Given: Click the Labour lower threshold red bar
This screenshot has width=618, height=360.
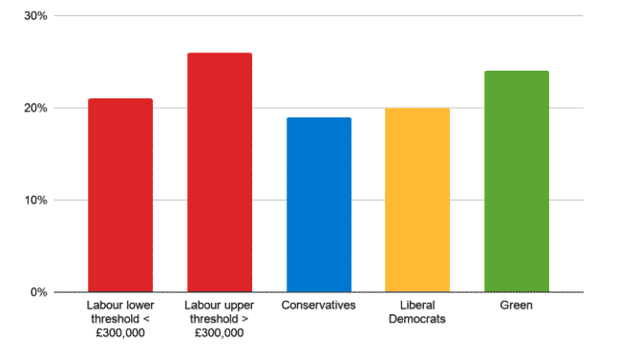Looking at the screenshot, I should pyautogui.click(x=119, y=195).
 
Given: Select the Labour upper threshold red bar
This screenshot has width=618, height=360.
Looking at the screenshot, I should pyautogui.click(x=219, y=172).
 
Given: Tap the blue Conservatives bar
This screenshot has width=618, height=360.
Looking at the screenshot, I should pyautogui.click(x=318, y=204).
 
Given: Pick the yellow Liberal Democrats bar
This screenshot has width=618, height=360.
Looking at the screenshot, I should pyautogui.click(x=417, y=200).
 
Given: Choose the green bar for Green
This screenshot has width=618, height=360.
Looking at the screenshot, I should pyautogui.click(x=516, y=181).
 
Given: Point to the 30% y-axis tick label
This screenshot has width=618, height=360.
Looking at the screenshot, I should pyautogui.click(x=36, y=16).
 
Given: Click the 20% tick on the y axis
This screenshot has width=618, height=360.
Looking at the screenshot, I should pyautogui.click(x=36, y=108).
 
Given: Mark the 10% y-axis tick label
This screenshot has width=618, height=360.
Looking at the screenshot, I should pyautogui.click(x=36, y=200).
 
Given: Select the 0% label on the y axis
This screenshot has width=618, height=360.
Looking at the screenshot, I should pyautogui.click(x=39, y=292).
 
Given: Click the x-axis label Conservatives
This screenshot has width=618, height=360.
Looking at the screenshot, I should pyautogui.click(x=318, y=306).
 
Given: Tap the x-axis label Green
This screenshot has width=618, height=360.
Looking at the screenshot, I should pyautogui.click(x=516, y=306).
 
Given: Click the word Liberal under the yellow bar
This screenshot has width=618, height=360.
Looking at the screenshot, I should pyautogui.click(x=417, y=306).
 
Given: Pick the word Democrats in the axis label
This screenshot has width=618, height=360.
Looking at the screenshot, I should pyautogui.click(x=417, y=319).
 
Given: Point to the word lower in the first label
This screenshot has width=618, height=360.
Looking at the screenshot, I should pyautogui.click(x=137, y=306).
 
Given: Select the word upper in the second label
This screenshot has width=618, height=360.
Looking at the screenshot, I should pyautogui.click(x=236, y=306).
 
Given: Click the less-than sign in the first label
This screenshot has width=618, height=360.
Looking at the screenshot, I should pyautogui.click(x=149, y=319).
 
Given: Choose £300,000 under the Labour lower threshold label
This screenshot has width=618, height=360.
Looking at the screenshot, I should pyautogui.click(x=119, y=333).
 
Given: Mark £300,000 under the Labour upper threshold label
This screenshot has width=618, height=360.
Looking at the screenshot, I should pyautogui.click(x=219, y=333).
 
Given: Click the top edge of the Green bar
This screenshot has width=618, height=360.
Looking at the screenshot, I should pyautogui.click(x=516, y=72).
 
